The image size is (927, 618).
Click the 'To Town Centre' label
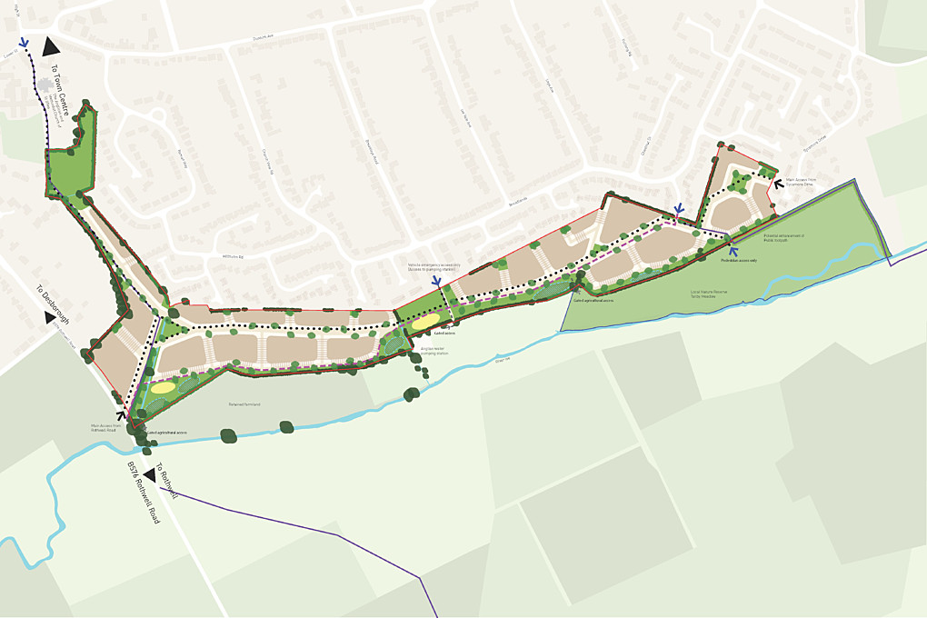coord(59,86)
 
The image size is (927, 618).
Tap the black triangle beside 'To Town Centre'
coord(52,48)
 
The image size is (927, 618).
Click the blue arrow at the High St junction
coord(24,42)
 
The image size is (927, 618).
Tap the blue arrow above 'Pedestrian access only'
coord(732,248)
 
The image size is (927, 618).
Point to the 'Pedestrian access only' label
coord(739,260)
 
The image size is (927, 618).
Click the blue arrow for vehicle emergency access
coord(436,283)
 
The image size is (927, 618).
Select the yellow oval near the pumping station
coord(425,321)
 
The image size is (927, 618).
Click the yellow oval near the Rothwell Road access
coord(164,388)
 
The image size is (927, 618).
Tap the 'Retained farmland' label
coord(244,404)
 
